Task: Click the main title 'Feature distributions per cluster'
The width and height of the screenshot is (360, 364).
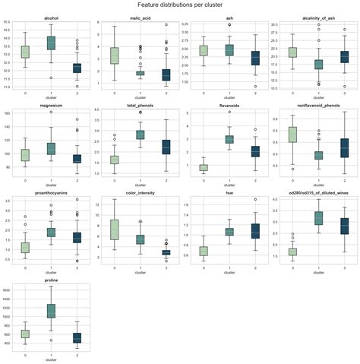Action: coord(180,5)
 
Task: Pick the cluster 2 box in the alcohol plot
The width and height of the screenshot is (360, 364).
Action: coord(76,68)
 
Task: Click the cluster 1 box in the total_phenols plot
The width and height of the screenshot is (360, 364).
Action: coord(140,135)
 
